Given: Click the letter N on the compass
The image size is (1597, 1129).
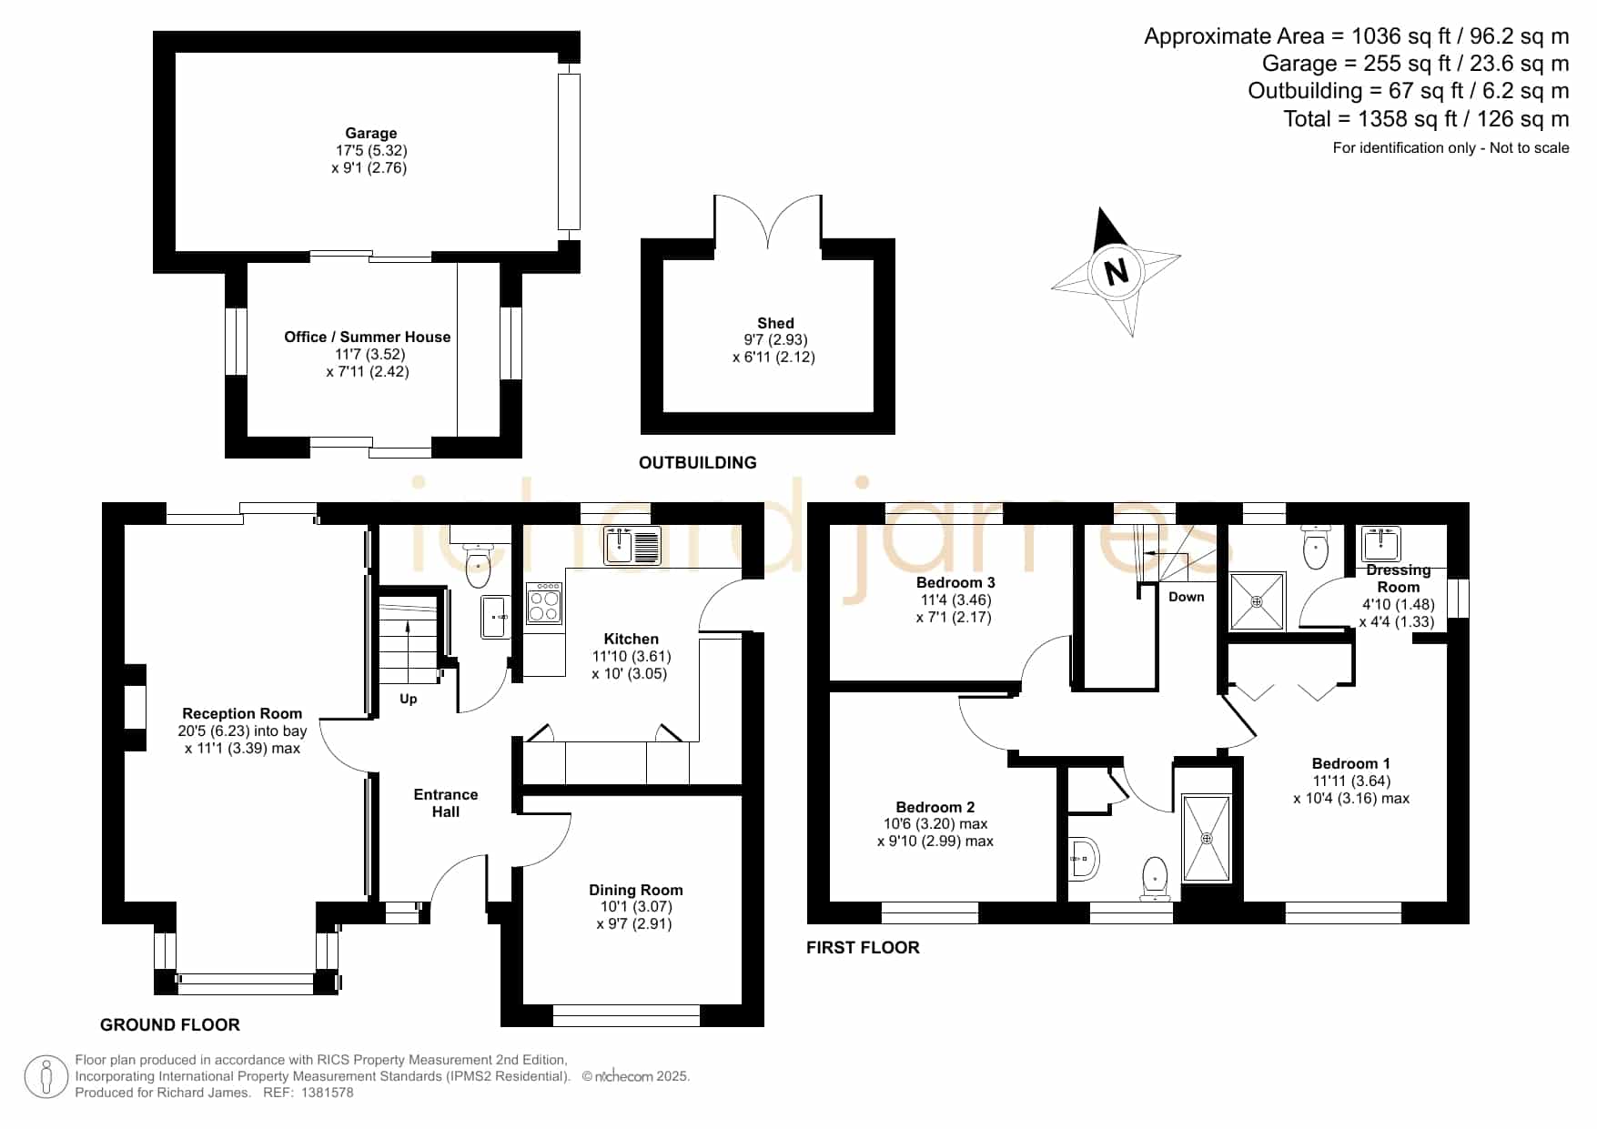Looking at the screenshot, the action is (x=1116, y=272).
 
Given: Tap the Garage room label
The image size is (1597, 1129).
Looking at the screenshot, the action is (x=370, y=134).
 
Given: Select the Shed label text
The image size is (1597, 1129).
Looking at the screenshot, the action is (x=775, y=323).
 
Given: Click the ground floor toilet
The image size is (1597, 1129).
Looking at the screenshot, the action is (x=478, y=564).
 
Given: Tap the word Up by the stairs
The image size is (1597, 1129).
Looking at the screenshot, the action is (x=409, y=699).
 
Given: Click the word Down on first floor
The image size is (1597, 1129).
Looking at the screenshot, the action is (x=1187, y=597).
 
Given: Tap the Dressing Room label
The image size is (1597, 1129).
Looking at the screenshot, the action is (x=1399, y=579).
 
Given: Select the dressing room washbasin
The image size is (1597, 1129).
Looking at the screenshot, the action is (x=1381, y=543).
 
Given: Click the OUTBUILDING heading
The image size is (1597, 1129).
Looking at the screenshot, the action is (x=698, y=463).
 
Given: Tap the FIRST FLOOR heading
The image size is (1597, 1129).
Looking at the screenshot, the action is (x=863, y=948).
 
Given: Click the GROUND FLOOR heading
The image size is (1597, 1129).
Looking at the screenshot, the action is (x=170, y=1025).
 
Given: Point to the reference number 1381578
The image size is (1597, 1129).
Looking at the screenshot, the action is (x=327, y=1093).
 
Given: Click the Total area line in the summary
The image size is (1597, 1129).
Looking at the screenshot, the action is (x=1426, y=119).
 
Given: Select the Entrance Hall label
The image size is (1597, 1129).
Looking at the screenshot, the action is (x=446, y=803).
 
